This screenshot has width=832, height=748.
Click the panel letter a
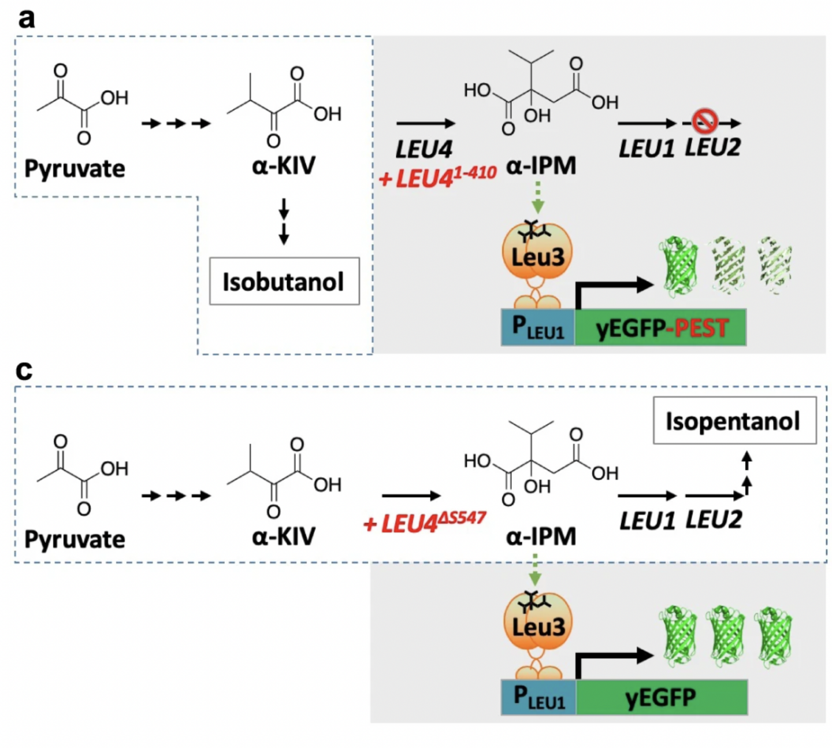pos(26,18)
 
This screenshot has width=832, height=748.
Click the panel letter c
pos(24,370)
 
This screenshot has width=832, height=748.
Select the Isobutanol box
pos(284,282)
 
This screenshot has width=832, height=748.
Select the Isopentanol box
pos(734,420)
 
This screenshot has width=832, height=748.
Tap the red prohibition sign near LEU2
pos(705,121)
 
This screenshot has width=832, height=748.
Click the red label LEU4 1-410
pos(437,177)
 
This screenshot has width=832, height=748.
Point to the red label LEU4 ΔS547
pos(425,522)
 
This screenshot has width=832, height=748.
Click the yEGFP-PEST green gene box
pos(660,328)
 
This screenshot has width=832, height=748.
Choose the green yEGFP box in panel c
pos(661,697)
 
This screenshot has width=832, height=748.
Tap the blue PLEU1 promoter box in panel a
pos(537,328)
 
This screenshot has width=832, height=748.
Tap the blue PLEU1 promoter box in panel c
pos(538,697)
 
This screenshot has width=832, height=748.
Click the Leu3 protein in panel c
pos(538,625)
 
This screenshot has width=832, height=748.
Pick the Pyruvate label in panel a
pos(75,169)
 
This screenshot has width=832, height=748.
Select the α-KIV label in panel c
pos(284,536)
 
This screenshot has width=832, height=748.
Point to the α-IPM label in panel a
pos(541,166)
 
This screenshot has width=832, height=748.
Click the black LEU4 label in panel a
pos(424,150)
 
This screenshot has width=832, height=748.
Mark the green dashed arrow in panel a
pos(538,197)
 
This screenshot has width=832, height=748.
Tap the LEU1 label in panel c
pos(647,521)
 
